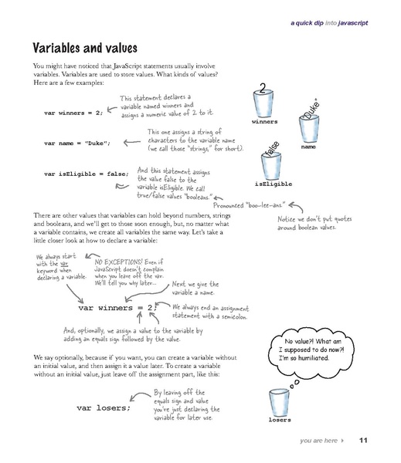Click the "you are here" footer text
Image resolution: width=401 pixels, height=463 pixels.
point(320,441)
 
